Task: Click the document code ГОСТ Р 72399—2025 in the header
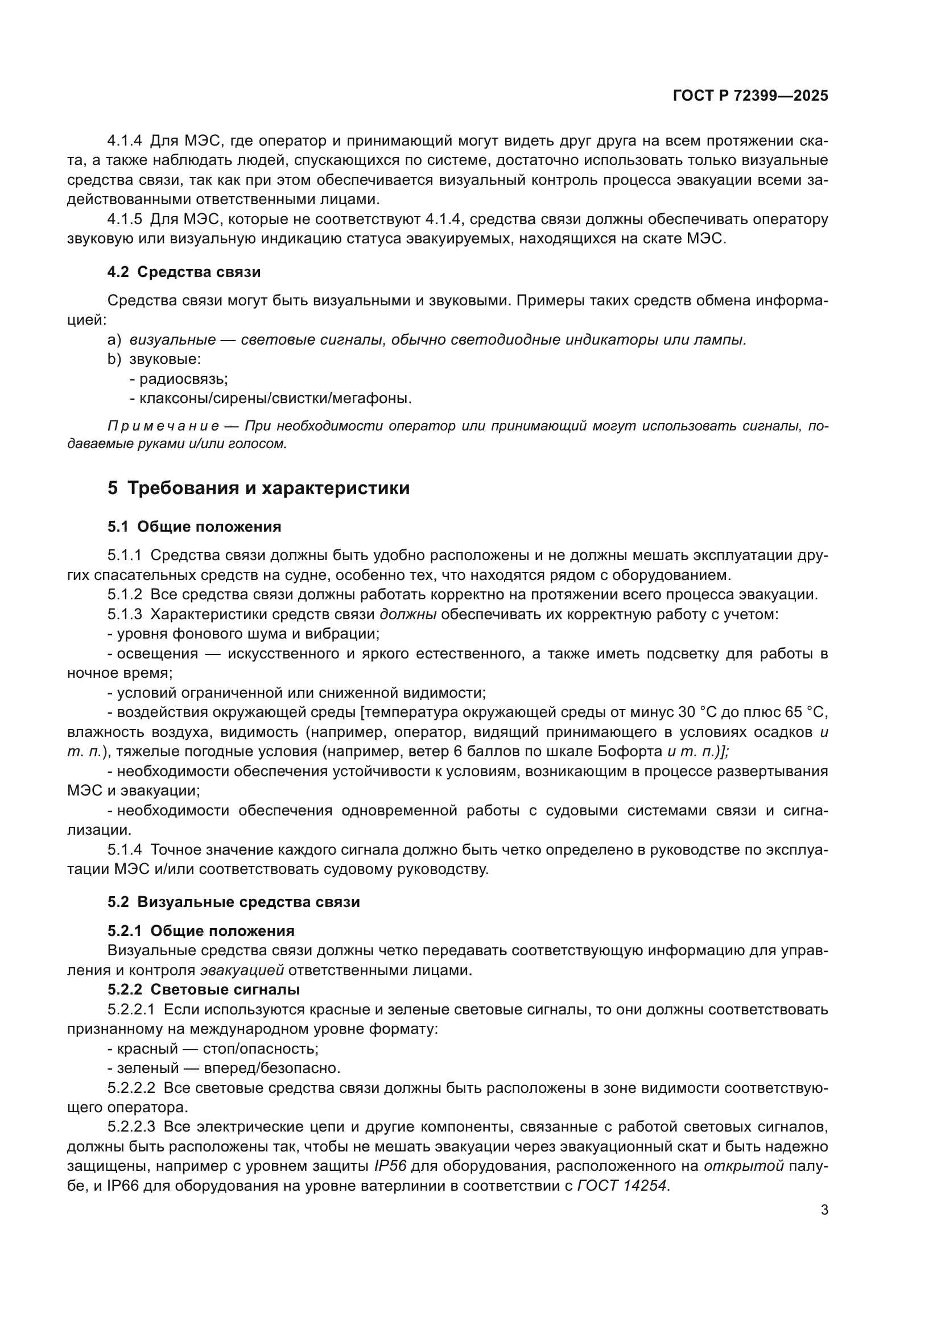tap(750, 96)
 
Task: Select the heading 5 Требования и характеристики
tap(258, 488)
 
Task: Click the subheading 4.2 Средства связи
tap(184, 272)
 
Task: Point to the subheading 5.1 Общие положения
tap(194, 527)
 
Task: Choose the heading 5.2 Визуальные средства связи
tap(233, 902)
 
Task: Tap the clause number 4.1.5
tap(125, 219)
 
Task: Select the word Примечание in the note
tap(163, 426)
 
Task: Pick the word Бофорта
tap(633, 752)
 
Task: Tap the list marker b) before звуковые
tap(114, 359)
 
